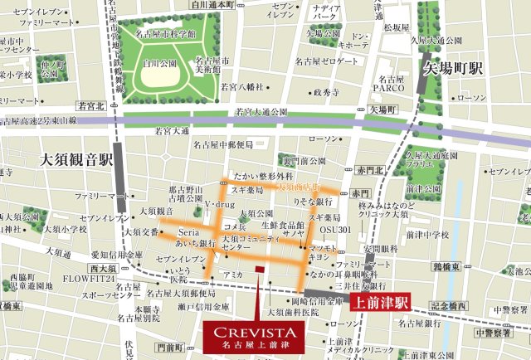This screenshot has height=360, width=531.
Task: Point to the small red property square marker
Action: [259, 269]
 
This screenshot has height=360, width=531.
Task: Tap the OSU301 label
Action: [338, 230]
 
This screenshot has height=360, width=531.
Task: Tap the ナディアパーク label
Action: [327, 12]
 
